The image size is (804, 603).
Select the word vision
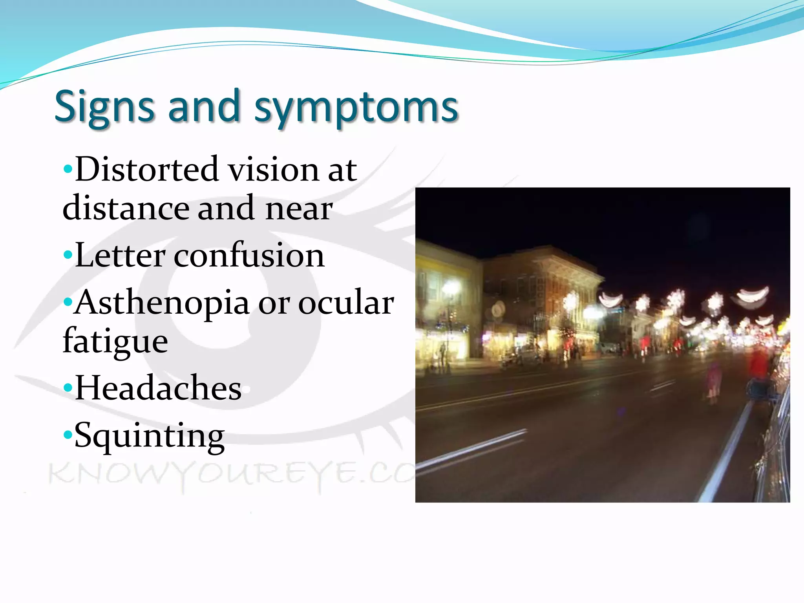click(x=274, y=170)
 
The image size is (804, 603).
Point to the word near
click(x=299, y=208)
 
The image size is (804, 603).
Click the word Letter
click(x=120, y=255)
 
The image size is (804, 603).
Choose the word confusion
click(x=249, y=255)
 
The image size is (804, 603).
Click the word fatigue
click(x=115, y=341)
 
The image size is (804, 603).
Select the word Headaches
click(x=158, y=388)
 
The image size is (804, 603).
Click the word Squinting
click(x=149, y=436)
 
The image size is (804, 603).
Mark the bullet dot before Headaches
click(x=68, y=388)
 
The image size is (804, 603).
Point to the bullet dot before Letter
click(x=68, y=256)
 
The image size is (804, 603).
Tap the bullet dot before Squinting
click(x=68, y=435)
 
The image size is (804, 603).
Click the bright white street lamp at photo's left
click(x=451, y=287)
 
